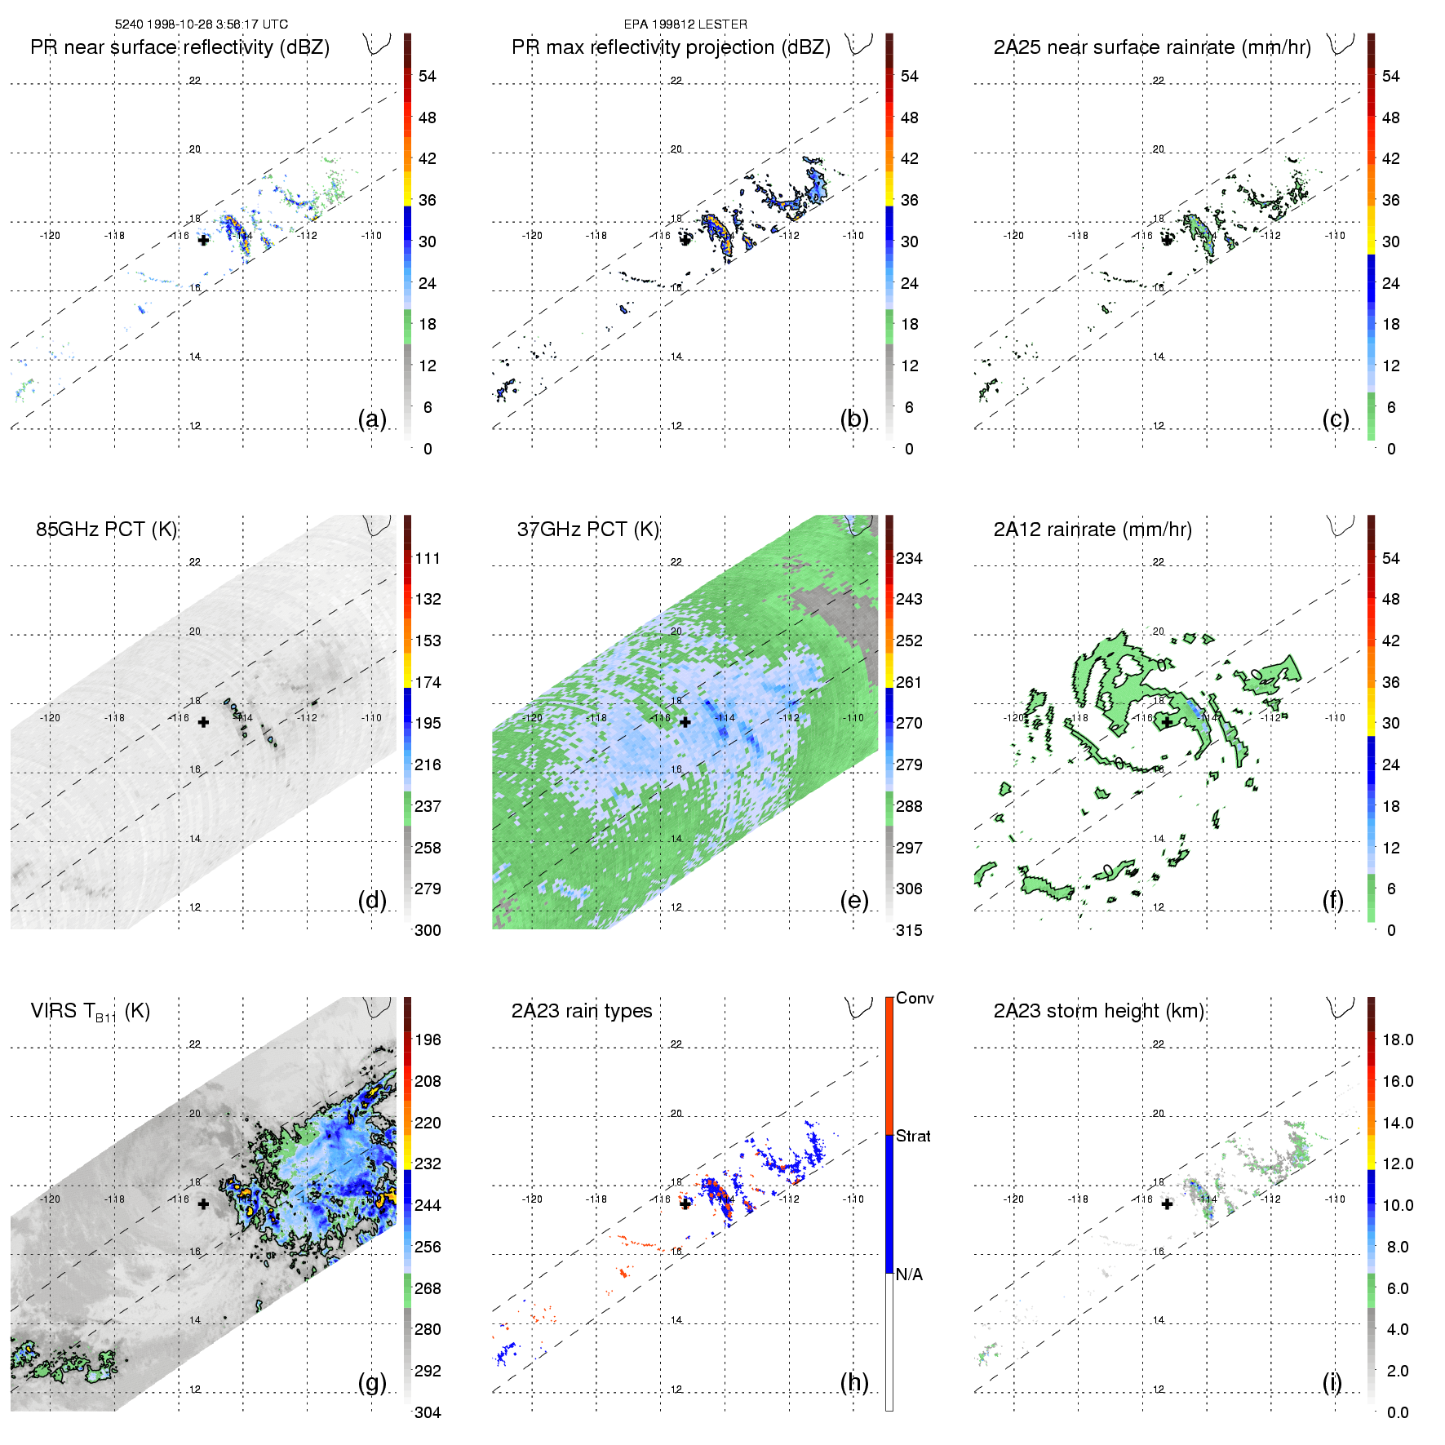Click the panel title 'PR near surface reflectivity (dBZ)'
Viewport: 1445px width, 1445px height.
click(180, 47)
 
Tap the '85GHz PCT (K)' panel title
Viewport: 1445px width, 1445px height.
click(106, 530)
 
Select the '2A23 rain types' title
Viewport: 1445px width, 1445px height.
click(582, 1011)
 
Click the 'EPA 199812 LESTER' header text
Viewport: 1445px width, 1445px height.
click(685, 24)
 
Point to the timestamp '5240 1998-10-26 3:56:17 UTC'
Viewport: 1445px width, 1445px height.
click(201, 24)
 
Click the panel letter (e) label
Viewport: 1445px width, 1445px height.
click(853, 900)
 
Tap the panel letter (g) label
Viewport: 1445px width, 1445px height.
click(372, 1382)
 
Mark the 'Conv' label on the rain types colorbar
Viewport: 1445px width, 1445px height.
click(915, 999)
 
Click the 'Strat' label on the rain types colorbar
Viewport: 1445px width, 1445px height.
click(913, 1136)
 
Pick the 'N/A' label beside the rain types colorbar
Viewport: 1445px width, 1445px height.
click(909, 1274)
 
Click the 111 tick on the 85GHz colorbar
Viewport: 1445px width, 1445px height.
click(428, 558)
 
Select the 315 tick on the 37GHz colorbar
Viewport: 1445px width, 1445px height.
click(909, 930)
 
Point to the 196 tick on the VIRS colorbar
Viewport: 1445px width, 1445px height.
click(428, 1039)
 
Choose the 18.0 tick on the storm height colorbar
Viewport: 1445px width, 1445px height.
click(1397, 1039)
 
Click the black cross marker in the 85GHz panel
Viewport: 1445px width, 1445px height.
click(203, 722)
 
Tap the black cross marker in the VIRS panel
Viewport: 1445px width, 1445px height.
click(203, 1203)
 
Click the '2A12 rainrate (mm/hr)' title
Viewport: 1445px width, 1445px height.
click(1093, 530)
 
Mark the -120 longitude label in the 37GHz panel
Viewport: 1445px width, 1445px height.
click(532, 718)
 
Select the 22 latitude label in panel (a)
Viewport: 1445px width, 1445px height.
click(195, 81)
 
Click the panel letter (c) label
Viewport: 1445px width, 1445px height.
click(1335, 419)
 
